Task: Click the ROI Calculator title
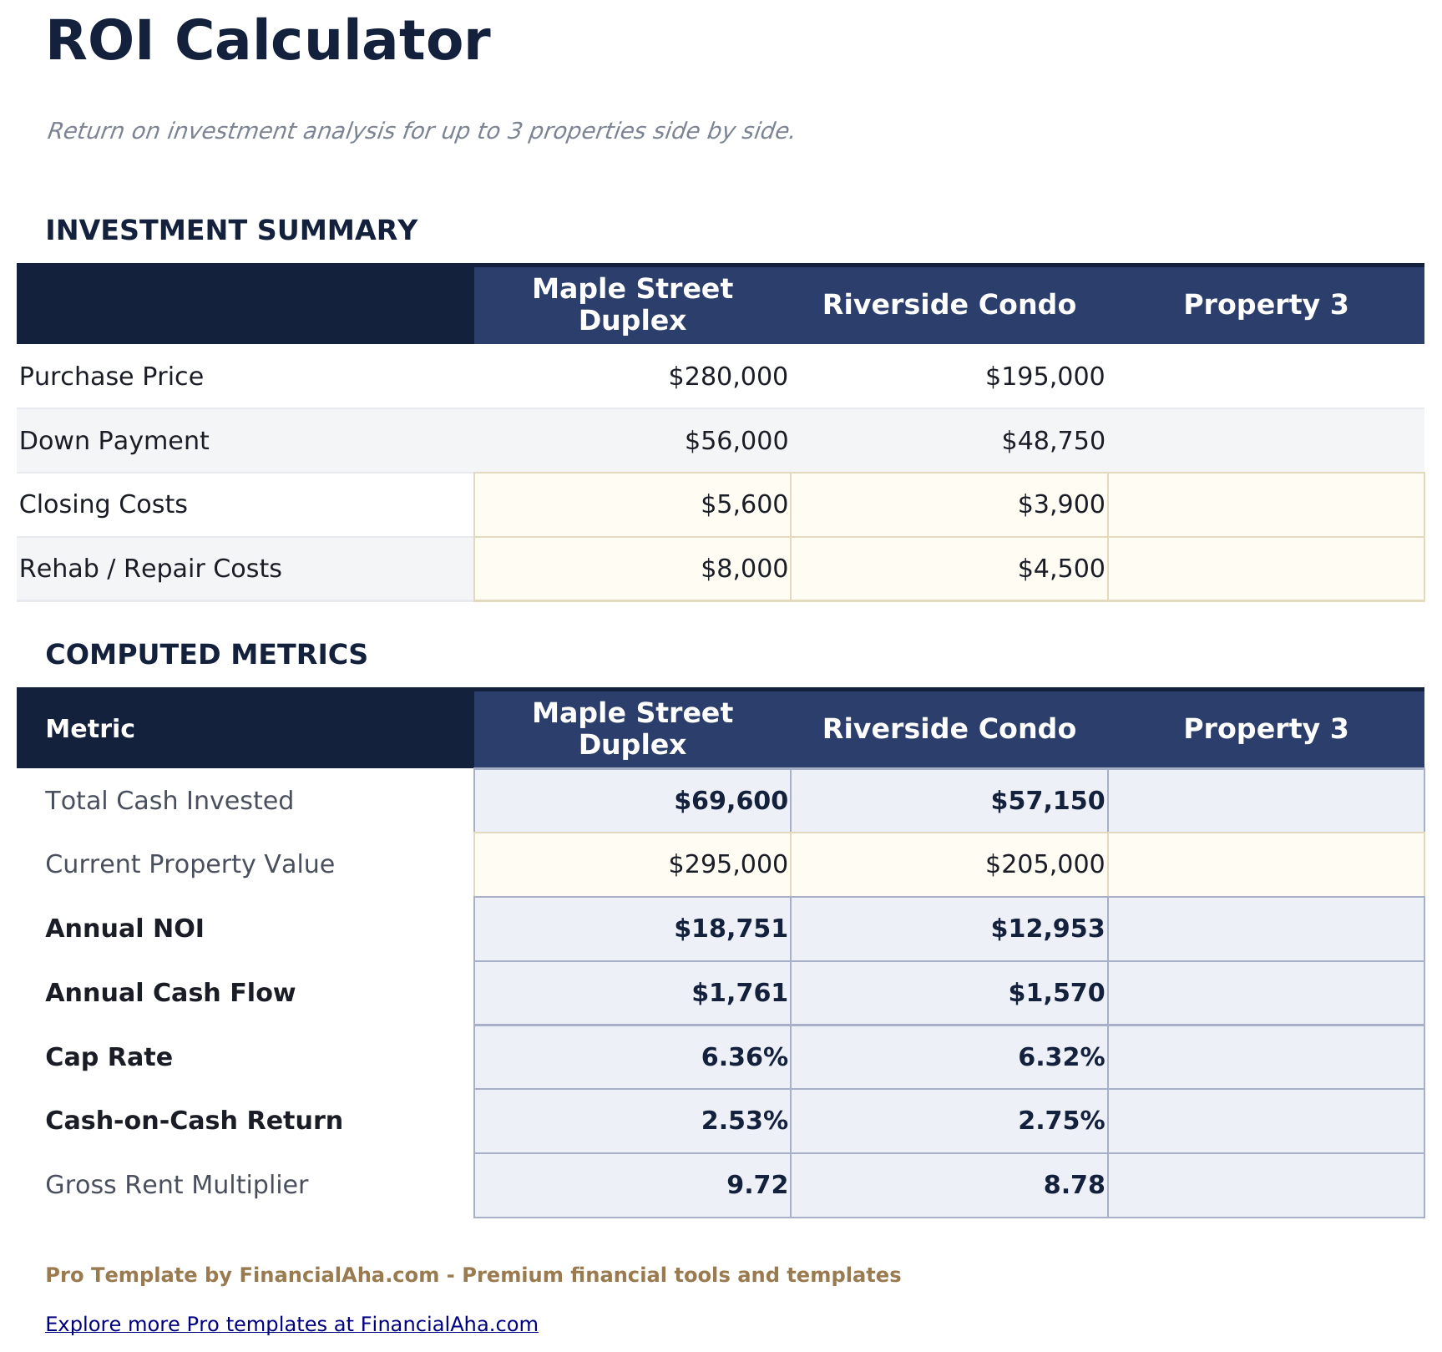point(268,42)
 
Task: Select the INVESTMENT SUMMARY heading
point(231,230)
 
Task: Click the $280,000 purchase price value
point(727,377)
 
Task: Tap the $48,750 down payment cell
point(1053,441)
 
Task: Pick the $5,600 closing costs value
point(743,504)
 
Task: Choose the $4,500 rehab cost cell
point(1060,569)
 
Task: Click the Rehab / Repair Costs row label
point(150,569)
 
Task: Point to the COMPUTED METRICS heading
point(206,655)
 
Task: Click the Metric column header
point(90,729)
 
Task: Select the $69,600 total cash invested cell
point(730,801)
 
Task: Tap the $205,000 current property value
point(1045,864)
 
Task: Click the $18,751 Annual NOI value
point(730,929)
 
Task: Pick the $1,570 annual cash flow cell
point(1055,993)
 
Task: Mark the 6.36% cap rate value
point(744,1057)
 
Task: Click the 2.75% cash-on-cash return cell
point(1060,1121)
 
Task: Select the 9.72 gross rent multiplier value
point(756,1185)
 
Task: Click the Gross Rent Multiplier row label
point(177,1185)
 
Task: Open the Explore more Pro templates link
point(291,1324)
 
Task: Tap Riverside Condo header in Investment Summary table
point(949,305)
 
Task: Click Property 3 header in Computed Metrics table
point(1265,729)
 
